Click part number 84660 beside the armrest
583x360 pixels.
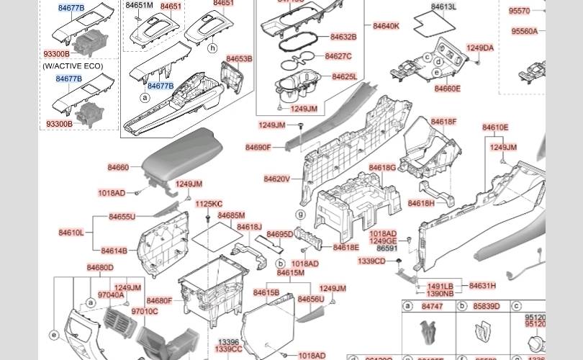pyautogui.click(x=118, y=168)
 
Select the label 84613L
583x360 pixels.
pyautogui.click(x=443, y=7)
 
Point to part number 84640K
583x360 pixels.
pyautogui.click(x=386, y=26)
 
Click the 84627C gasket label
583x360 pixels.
pyautogui.click(x=338, y=56)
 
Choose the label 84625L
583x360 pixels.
pyautogui.click(x=344, y=76)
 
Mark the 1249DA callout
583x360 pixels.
pyautogui.click(x=480, y=48)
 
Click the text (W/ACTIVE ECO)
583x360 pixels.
pyautogui.click(x=73, y=66)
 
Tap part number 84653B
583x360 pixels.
pyautogui.click(x=239, y=59)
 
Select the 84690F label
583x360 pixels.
pyautogui.click(x=258, y=148)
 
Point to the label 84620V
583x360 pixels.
pyautogui.click(x=276, y=179)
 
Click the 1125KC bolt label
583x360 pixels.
pyautogui.click(x=209, y=204)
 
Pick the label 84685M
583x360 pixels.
pyautogui.click(x=231, y=215)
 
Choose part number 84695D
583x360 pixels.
pyautogui.click(x=279, y=235)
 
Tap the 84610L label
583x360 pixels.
pyautogui.click(x=71, y=233)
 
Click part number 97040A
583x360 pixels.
pyautogui.click(x=111, y=294)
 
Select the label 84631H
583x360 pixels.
pyautogui.click(x=482, y=286)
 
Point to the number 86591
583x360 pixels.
pyautogui.click(x=387, y=248)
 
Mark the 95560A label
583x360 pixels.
pyautogui.click(x=524, y=32)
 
